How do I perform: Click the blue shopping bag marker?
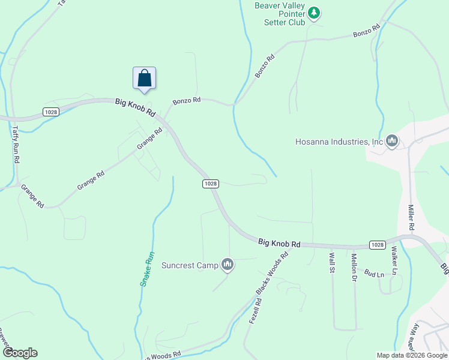144,78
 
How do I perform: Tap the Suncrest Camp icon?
228,264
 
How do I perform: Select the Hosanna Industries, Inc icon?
392,142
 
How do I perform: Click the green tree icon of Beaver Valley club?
314,13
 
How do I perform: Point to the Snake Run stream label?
147,268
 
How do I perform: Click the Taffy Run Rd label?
17,145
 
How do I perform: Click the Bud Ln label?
374,274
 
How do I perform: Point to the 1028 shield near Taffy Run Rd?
51,112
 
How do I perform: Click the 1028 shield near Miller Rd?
376,245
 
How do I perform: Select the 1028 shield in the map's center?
210,184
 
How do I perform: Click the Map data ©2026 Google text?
411,355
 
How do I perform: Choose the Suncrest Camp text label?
190,265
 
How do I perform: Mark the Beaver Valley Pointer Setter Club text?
280,14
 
